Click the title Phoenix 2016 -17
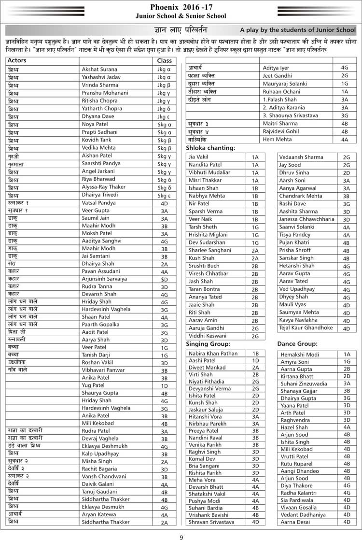point(181,7)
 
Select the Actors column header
point(17,61)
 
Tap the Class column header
point(164,61)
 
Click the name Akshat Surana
point(100,69)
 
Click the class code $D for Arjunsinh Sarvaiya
point(164,279)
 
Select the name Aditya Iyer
point(276,68)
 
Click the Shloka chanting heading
point(210,148)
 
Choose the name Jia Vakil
point(198,157)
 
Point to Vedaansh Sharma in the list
point(301,157)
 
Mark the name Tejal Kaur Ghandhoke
point(306,327)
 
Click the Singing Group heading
point(208,344)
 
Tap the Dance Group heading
point(297,344)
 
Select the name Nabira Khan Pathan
point(213,354)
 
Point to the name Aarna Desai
point(296,522)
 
